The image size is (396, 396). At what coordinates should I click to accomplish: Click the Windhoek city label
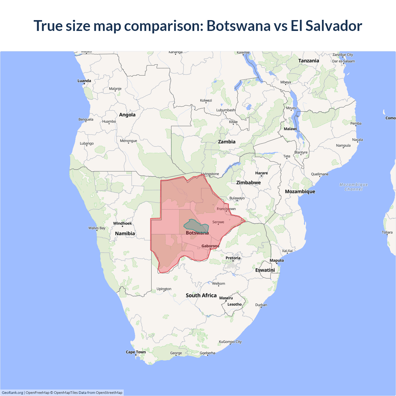[x=123, y=223]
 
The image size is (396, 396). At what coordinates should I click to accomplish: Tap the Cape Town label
[x=136, y=352]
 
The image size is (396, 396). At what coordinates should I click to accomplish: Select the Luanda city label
[x=84, y=81]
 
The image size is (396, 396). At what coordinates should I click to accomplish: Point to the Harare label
[x=261, y=173]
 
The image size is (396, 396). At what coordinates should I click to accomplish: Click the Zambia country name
[x=227, y=142]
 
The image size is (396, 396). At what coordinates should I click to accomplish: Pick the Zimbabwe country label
[x=248, y=183]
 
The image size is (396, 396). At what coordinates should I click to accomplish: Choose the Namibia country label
[x=125, y=234]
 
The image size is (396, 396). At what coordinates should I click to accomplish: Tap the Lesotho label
[x=235, y=304]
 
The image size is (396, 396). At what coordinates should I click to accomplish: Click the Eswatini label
[x=265, y=270]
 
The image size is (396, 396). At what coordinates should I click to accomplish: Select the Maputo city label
[x=277, y=260]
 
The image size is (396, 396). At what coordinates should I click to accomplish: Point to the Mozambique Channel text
[x=354, y=187]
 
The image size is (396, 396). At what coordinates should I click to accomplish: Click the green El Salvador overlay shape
[x=196, y=226]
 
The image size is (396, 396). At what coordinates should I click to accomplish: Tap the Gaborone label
[x=210, y=246]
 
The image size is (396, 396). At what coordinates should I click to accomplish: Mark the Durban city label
[x=261, y=305]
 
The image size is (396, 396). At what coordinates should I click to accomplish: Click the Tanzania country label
[x=308, y=61]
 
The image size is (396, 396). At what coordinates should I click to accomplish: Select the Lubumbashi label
[x=226, y=110]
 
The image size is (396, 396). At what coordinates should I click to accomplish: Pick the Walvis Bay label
[x=97, y=228]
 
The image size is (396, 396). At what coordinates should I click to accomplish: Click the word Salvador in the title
[x=334, y=26]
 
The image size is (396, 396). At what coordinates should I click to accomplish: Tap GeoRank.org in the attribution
[x=12, y=393]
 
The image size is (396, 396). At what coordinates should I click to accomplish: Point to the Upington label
[x=164, y=289]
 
